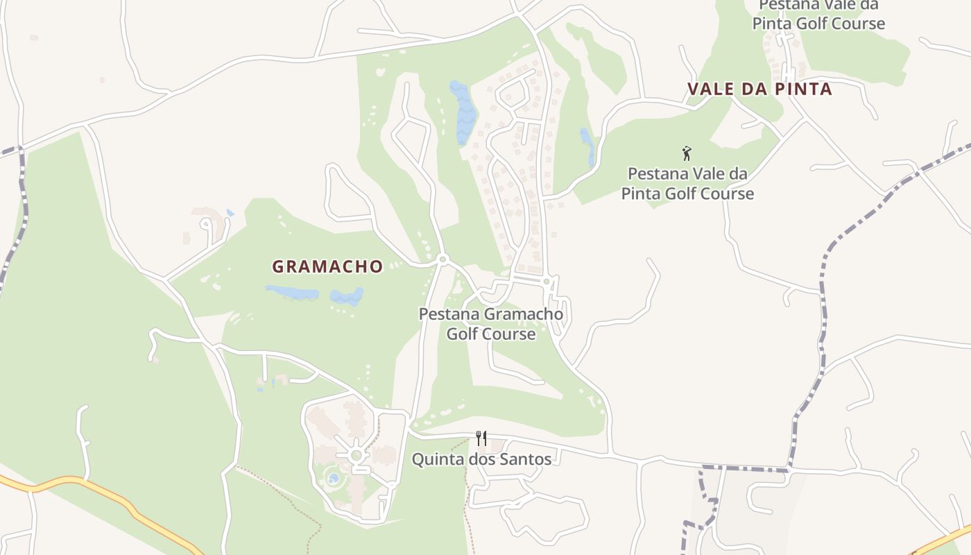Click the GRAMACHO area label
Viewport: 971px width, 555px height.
coord(327,266)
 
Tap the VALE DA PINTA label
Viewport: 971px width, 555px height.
coord(759,89)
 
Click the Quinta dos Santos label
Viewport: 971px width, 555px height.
coord(481,459)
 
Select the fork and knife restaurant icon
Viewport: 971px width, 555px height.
coord(481,438)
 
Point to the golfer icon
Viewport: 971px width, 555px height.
coord(687,153)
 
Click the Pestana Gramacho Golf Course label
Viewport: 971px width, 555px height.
coord(490,324)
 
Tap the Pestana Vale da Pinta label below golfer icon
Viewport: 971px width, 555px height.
coord(687,183)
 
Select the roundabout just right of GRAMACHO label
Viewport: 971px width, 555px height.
coord(442,259)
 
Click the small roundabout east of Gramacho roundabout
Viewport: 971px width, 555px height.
coord(547,281)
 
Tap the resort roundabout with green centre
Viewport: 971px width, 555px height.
coord(356,456)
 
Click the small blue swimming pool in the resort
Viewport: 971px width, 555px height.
coord(334,478)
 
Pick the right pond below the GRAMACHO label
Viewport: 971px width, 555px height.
coord(347,296)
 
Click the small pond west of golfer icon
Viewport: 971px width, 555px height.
coord(587,144)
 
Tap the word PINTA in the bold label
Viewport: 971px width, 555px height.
coord(805,89)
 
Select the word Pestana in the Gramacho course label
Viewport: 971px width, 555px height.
coord(448,314)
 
